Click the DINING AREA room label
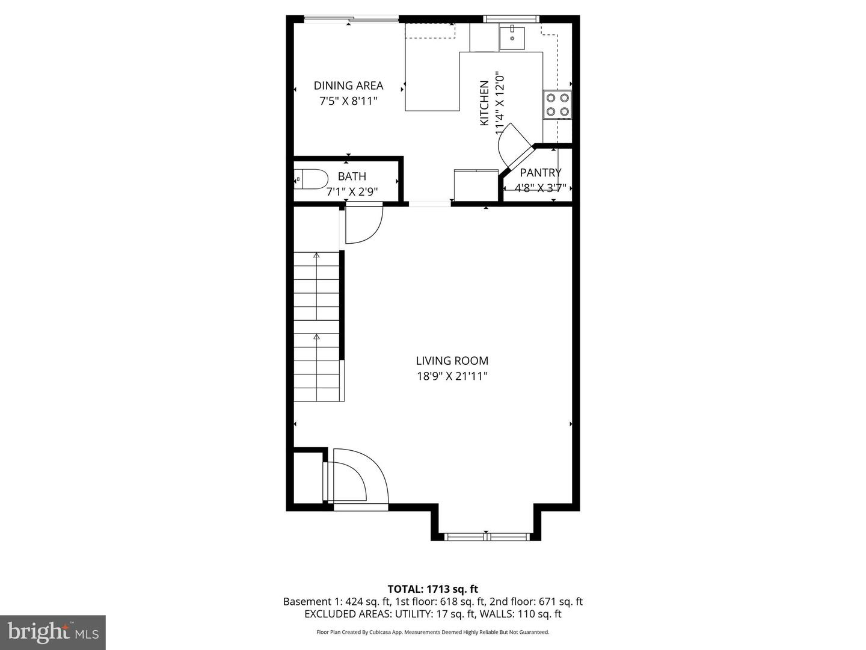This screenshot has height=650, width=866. [x=348, y=85]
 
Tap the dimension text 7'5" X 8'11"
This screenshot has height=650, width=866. [x=348, y=101]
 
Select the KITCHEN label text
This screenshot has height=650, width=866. [x=484, y=103]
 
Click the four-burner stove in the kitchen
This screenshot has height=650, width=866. [x=557, y=104]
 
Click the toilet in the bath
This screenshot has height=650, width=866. [x=312, y=179]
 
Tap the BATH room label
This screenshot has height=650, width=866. [x=352, y=176]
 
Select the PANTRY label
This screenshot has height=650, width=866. [x=540, y=173]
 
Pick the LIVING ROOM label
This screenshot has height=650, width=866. [x=452, y=361]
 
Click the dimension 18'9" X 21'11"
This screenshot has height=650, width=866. [x=452, y=376]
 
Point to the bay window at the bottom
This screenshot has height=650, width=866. [x=487, y=535]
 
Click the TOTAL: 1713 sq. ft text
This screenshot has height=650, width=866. [x=432, y=589]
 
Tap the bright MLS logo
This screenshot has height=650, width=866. [x=53, y=632]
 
